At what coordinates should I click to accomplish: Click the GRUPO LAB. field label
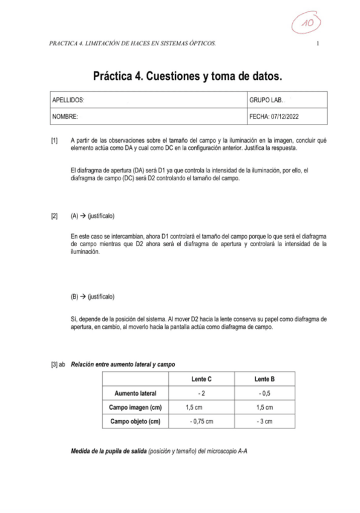tap(266, 99)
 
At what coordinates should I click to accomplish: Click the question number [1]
tap(54, 140)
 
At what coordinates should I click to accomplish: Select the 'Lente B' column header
tap(265, 379)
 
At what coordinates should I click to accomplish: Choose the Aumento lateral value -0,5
tap(265, 393)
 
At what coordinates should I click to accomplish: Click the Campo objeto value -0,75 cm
tap(201, 421)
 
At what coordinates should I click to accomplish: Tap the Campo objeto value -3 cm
tap(265, 421)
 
